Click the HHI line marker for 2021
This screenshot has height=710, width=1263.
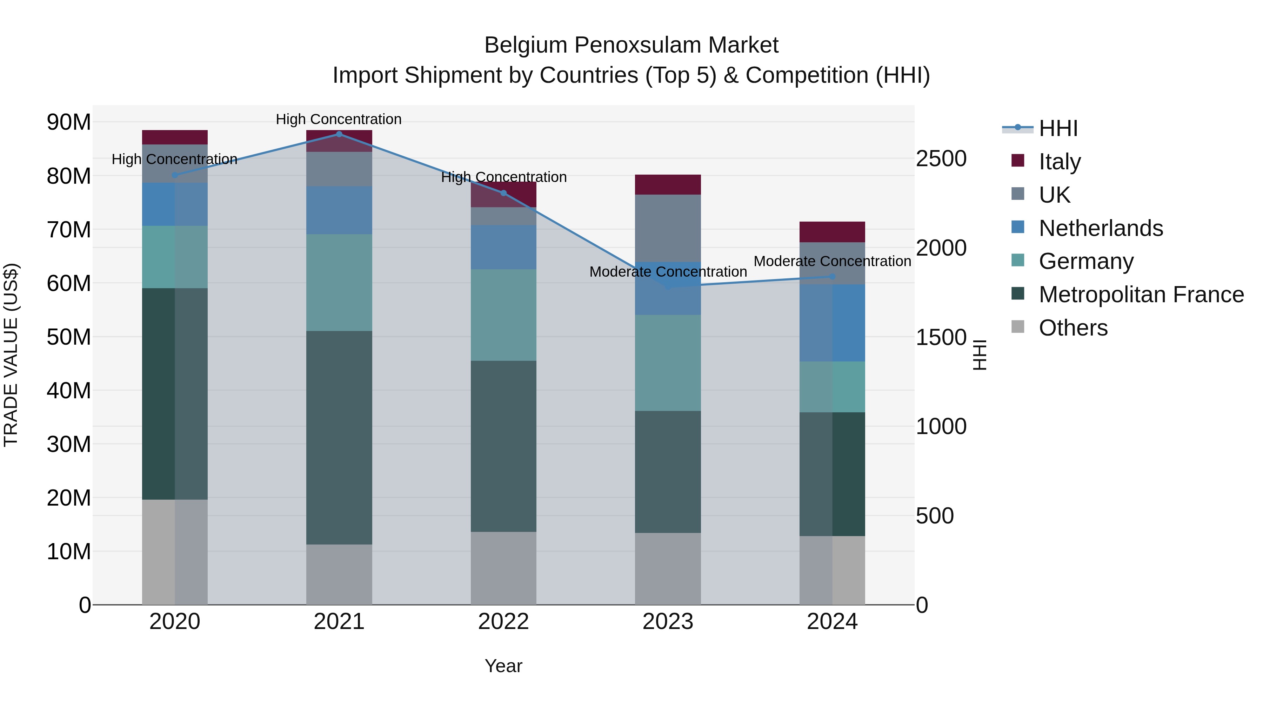coord(339,134)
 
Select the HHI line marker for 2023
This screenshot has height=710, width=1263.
coord(668,286)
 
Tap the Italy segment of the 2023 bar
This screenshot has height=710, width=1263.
coord(668,185)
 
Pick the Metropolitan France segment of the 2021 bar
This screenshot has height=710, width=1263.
coord(339,438)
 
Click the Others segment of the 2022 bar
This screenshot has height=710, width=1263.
coord(503,568)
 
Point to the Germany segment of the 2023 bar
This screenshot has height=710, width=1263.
coord(668,363)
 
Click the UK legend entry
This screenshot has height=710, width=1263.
coord(1054,195)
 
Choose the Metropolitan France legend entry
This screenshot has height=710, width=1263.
coord(1141,295)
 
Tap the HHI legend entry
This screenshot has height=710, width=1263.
coord(1058,128)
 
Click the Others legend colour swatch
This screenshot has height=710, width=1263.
coord(1018,327)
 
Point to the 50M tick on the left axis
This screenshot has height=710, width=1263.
coord(69,337)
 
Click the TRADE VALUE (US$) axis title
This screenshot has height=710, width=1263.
coord(11,355)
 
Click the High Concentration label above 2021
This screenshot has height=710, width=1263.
coord(339,119)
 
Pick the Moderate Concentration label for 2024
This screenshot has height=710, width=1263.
coord(832,261)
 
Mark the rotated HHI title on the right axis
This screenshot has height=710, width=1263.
coord(979,355)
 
